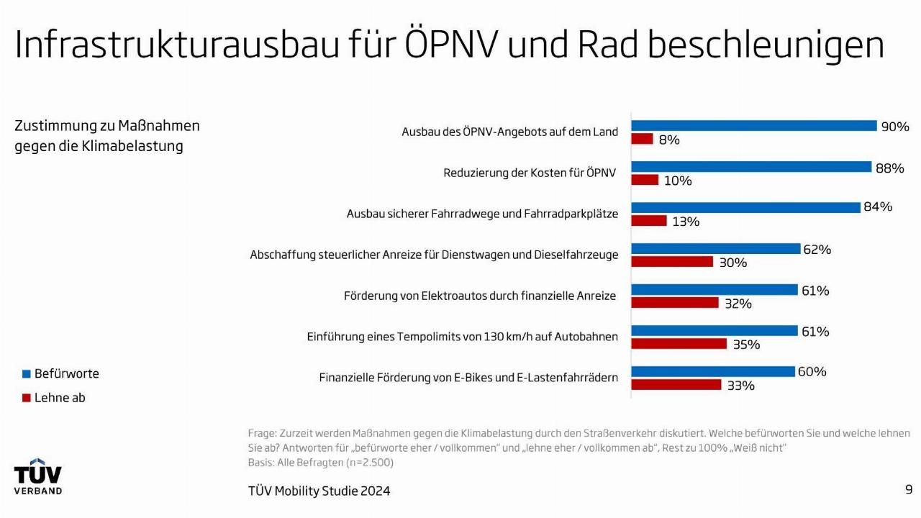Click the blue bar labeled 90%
coord(754,126)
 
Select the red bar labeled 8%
coord(642,139)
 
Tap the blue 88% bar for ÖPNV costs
coord(751,167)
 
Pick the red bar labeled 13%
coord(649,221)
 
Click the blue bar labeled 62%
coord(716,249)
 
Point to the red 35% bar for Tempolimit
coord(679,344)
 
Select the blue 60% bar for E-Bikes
coord(713,372)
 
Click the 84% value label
coord(878,207)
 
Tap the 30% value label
coord(733,263)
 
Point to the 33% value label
coord(740,386)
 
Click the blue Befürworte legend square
coord(27,374)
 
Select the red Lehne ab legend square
coord(27,398)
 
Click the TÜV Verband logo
coord(38,476)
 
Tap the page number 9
coord(909,490)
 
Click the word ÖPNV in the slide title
coord(450,45)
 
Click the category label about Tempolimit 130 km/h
coord(462,337)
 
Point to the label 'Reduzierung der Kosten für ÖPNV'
coord(530,173)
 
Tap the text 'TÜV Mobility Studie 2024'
coord(319,491)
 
